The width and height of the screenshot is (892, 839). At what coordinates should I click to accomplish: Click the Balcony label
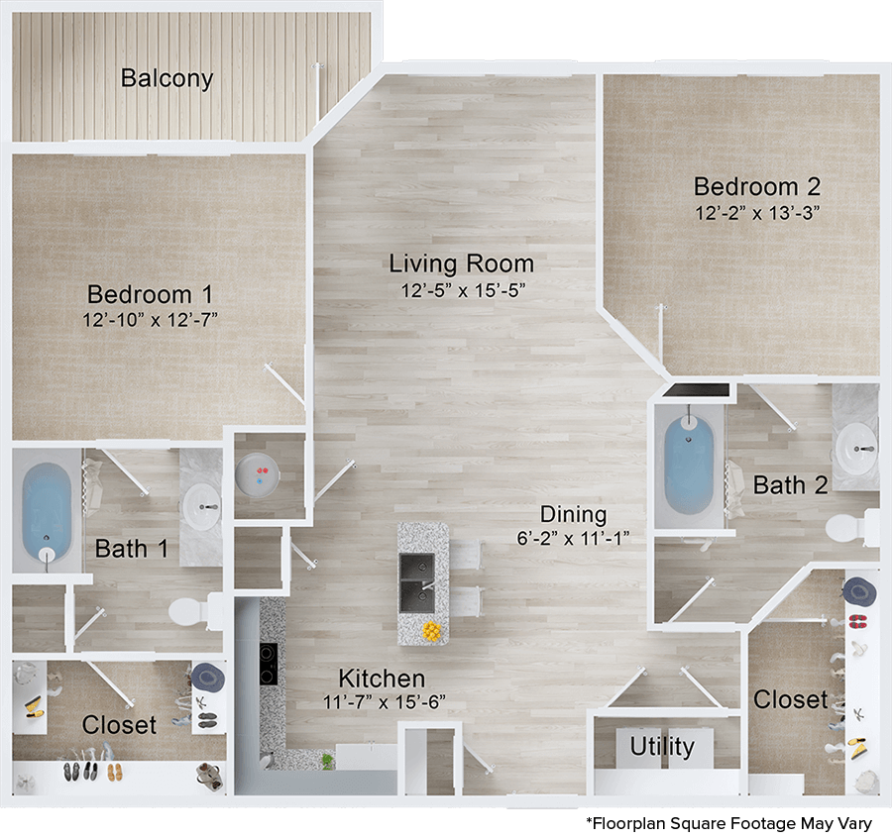pyautogui.click(x=167, y=78)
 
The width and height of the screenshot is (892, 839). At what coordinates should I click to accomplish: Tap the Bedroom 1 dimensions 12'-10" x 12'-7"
pyautogui.click(x=151, y=319)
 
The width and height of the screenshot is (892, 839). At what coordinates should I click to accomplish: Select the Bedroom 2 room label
pyautogui.click(x=758, y=186)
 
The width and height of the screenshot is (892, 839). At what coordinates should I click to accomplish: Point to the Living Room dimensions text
pyautogui.click(x=461, y=290)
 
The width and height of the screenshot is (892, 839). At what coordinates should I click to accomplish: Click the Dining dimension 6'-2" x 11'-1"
pyautogui.click(x=573, y=538)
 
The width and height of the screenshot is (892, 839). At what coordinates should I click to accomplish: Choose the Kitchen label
pyautogui.click(x=382, y=679)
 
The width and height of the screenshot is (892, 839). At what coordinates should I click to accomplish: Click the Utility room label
pyautogui.click(x=662, y=746)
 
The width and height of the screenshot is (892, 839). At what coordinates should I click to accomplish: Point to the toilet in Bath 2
pyautogui.click(x=845, y=526)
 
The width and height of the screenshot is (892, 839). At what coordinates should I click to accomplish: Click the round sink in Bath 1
pyautogui.click(x=204, y=508)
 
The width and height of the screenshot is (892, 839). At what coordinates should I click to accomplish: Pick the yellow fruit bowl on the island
pyautogui.click(x=431, y=630)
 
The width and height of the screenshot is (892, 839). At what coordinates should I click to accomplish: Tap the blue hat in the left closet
pyautogui.click(x=208, y=677)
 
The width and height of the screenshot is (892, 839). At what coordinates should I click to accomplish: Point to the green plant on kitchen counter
pyautogui.click(x=326, y=761)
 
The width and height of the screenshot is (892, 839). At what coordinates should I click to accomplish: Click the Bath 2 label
pyautogui.click(x=790, y=484)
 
